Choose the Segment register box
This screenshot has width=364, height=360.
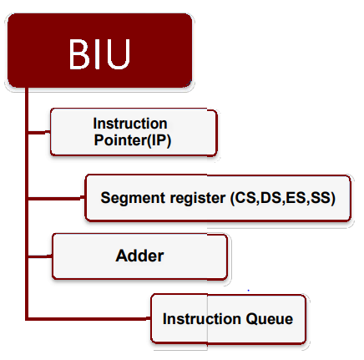point(216,198)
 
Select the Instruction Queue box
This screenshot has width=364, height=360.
point(227,318)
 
